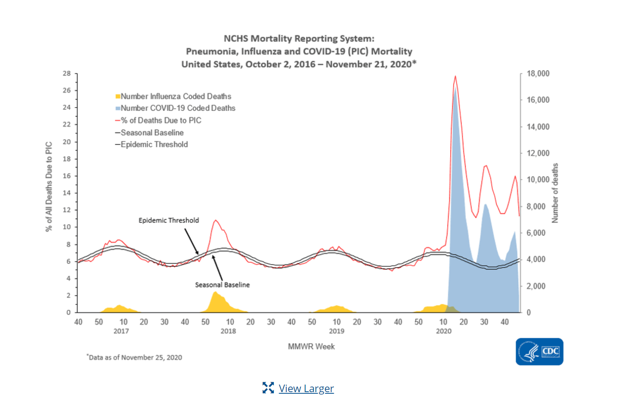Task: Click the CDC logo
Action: pos(539,351)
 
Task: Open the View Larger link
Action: pos(306,388)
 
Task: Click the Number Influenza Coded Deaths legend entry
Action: pos(175,96)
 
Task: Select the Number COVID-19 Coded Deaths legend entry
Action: pos(177,108)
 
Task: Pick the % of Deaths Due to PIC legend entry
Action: pos(161,121)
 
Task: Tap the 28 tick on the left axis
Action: pos(67,73)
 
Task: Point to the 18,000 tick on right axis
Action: pos(537,73)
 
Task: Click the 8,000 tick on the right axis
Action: pos(536,206)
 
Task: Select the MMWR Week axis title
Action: pos(311,347)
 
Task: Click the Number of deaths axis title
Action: pos(555,193)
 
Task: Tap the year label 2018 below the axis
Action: pos(228,331)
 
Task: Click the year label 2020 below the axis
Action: pos(443,331)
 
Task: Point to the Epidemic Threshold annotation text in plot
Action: pos(169,220)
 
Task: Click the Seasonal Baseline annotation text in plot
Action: pos(222,285)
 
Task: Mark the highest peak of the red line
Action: pos(455,76)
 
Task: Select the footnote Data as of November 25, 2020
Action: pos(135,357)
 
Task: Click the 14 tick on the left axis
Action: pos(67,193)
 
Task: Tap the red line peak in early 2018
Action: pos(216,220)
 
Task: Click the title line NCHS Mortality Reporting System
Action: pos(299,38)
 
